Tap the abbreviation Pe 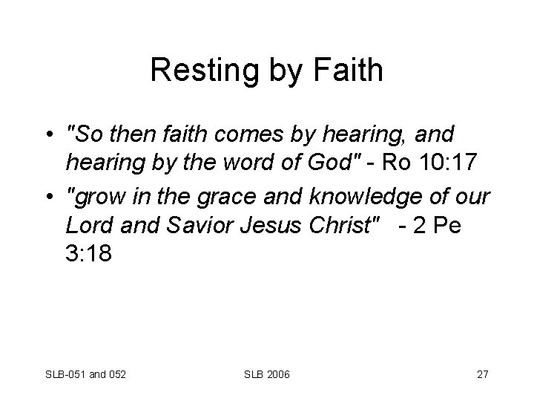coord(446,225)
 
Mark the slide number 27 coord(482,374)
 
